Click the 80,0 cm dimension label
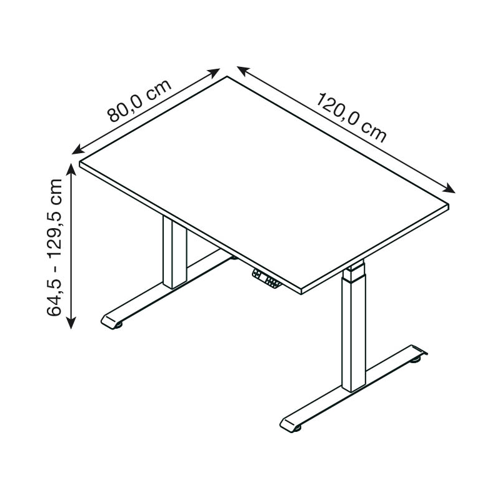[x=139, y=101]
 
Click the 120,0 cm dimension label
[x=351, y=117]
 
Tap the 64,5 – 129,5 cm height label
[x=54, y=247]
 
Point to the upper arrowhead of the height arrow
[x=71, y=169]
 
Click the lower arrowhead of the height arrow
[x=71, y=322]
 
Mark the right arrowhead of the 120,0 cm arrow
[x=449, y=189]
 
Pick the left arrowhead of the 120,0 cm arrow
[x=243, y=71]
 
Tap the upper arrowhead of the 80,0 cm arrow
[x=214, y=72]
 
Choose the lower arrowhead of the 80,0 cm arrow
[x=77, y=150]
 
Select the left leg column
[x=174, y=252]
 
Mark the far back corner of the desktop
[x=227, y=76]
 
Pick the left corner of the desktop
[x=80, y=163]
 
